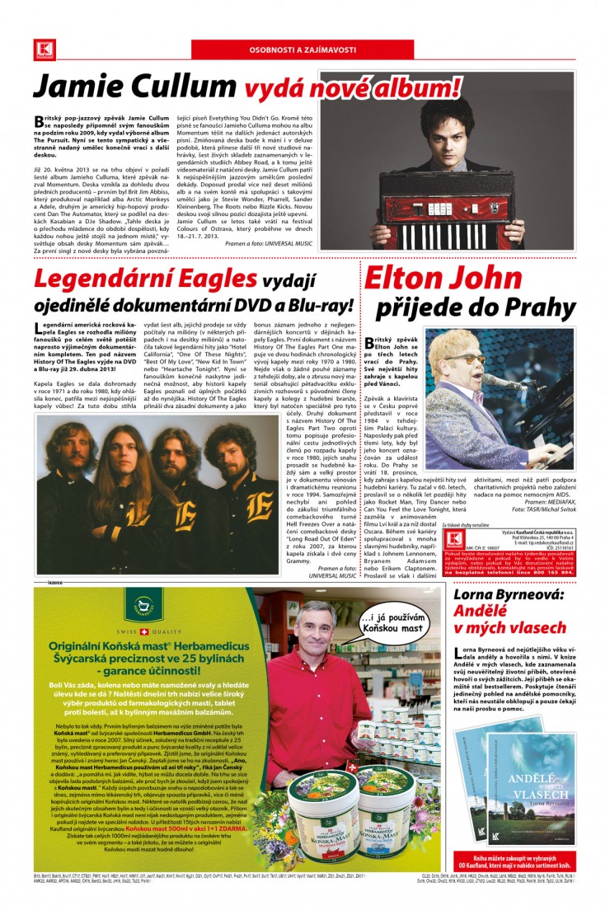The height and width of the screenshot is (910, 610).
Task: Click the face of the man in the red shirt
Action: pyautogui.click(x=315, y=634)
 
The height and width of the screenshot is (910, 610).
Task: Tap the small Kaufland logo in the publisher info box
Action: pyautogui.click(x=453, y=539)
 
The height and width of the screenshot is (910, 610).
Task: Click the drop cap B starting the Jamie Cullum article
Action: pyautogui.click(x=39, y=120)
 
